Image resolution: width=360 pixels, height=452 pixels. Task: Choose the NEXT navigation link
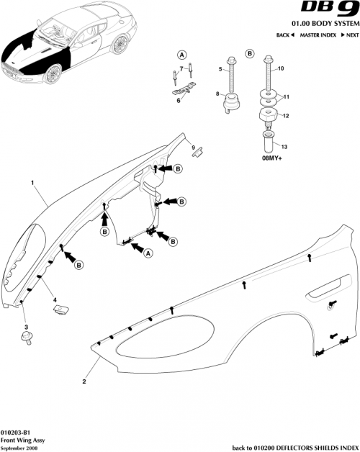coord(350,35)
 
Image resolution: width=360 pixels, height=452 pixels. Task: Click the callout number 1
coord(32,183)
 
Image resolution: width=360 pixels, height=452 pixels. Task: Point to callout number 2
coord(85,381)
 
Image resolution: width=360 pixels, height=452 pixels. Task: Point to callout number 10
coord(282,68)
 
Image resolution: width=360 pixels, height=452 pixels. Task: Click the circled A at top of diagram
coord(182,55)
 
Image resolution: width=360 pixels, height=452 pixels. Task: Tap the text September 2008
coord(19,446)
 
